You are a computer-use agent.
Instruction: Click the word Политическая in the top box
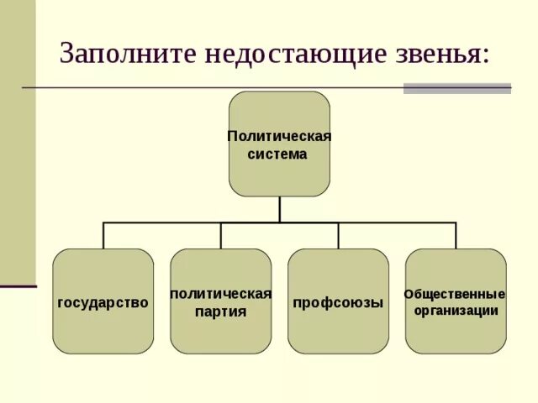click(279, 136)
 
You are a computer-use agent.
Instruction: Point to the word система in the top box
click(277, 154)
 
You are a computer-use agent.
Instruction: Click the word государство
click(103, 302)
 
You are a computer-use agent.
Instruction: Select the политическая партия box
click(220, 332)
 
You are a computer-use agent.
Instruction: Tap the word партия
click(220, 311)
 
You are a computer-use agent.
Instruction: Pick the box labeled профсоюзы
click(338, 332)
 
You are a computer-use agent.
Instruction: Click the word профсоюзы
click(338, 302)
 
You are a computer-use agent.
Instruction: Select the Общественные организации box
click(456, 332)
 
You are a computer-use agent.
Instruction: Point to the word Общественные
click(455, 294)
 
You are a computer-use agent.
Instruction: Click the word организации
click(456, 311)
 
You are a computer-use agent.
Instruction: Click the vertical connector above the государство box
click(103, 235)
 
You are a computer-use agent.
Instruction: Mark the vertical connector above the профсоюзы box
click(338, 235)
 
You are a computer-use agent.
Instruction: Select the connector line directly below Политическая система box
click(279, 209)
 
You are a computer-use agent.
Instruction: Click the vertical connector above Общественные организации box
click(456, 235)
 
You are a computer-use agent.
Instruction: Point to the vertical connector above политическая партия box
click(220, 235)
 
